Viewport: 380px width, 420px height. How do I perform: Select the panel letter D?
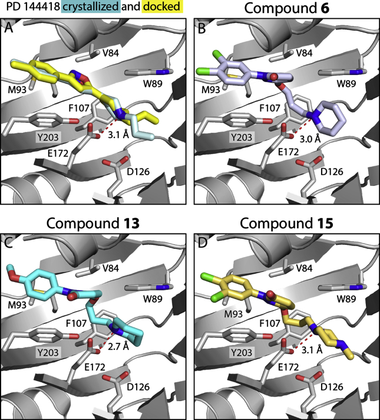point(201,240)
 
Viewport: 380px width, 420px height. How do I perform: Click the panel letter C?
point(9,240)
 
